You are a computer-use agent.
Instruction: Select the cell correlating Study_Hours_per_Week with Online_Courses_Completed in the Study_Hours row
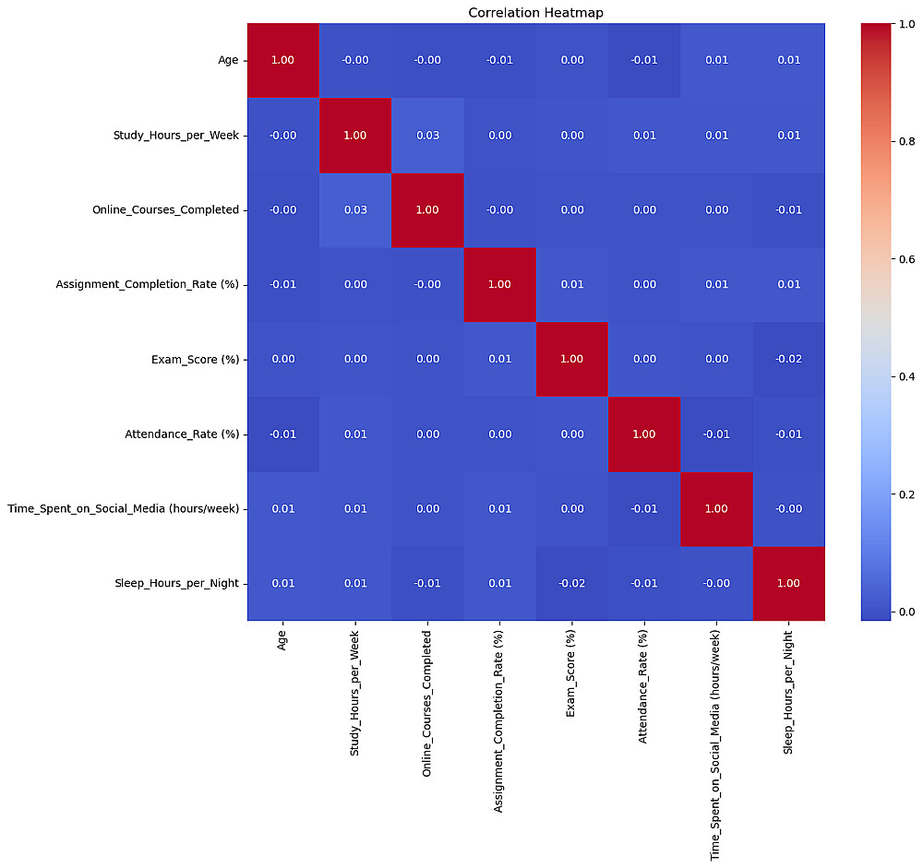click(427, 136)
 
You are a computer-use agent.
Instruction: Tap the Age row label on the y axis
click(228, 61)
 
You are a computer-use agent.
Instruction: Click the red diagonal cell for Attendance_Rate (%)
click(643, 434)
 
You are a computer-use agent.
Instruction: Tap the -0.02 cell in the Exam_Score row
click(788, 359)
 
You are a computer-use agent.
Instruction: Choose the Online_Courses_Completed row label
click(165, 210)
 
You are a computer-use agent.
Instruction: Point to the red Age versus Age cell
click(283, 61)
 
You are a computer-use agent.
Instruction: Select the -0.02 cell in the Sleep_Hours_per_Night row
click(571, 583)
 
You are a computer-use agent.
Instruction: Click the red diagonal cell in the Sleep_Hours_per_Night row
click(788, 583)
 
